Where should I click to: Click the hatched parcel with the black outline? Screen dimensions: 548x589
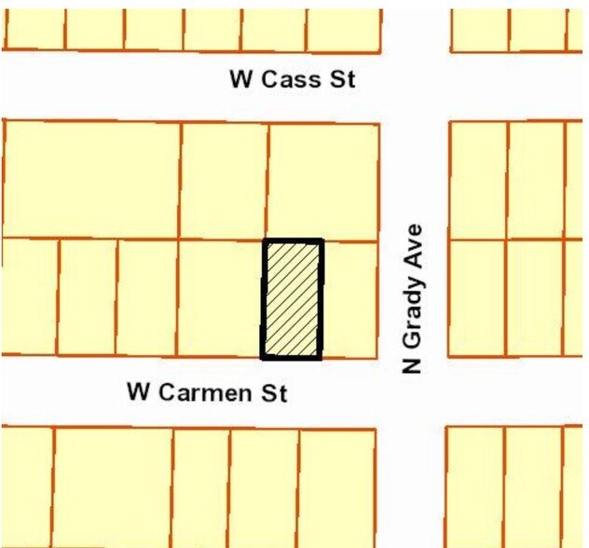click(293, 299)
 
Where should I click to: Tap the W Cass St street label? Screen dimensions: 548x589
click(292, 79)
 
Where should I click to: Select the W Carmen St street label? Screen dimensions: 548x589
click(207, 392)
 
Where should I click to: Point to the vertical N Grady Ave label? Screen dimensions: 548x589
click(414, 298)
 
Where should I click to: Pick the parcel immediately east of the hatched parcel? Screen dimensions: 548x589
click(349, 299)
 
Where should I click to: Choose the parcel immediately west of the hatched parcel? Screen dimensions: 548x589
click(220, 298)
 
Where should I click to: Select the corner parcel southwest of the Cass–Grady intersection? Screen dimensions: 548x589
click(323, 181)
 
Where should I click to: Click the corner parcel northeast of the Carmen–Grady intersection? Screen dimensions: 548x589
click(477, 298)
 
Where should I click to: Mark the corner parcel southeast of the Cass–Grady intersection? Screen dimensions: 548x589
click(478, 181)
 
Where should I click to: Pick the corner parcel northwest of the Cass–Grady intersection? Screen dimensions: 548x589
click(343, 29)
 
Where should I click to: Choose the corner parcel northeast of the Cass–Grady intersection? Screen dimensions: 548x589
click(479, 29)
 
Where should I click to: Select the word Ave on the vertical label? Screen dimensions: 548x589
click(414, 241)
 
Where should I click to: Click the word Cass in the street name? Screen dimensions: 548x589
click(294, 79)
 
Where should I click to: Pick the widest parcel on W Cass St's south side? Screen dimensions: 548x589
click(91, 179)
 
